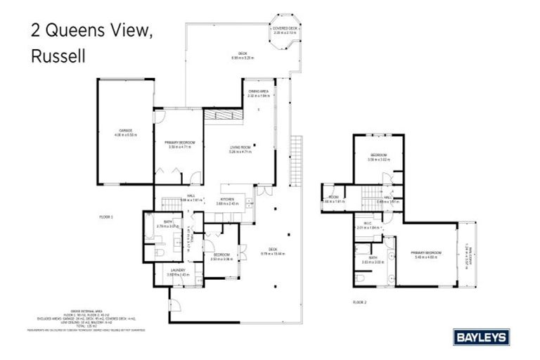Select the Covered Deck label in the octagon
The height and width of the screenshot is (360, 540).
point(285,30)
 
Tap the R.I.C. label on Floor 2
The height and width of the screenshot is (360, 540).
point(368,226)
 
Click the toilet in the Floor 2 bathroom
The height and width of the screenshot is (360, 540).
point(360,278)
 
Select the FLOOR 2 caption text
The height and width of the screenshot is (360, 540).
point(360,302)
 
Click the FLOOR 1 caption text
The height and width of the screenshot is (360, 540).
point(106,217)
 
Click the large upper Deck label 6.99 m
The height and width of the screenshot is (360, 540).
point(243,56)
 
